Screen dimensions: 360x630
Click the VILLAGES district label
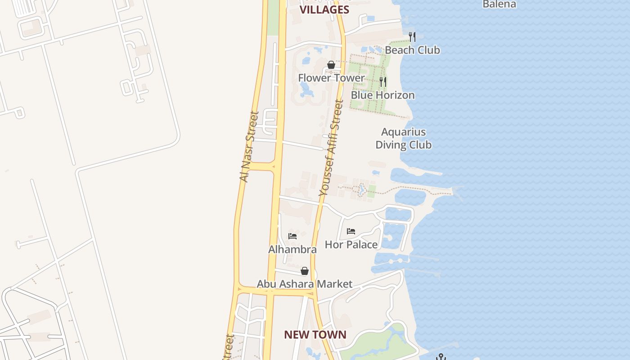(x=324, y=9)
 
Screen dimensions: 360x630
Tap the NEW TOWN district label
(x=315, y=334)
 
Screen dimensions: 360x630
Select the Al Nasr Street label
(x=250, y=147)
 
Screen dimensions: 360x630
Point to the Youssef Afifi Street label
(x=331, y=148)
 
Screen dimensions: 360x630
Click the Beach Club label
(x=412, y=50)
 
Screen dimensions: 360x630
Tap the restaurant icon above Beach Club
(x=412, y=36)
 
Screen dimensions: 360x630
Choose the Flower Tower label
(x=331, y=78)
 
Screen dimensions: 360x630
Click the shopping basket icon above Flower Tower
(x=331, y=65)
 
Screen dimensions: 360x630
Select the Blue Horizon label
(x=382, y=95)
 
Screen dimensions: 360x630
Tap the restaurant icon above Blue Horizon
(x=382, y=81)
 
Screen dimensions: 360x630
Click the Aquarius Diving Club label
(x=403, y=138)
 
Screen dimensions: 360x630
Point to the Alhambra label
(x=292, y=249)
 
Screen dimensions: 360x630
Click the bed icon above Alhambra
(x=292, y=236)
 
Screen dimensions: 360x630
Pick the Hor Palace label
(x=351, y=244)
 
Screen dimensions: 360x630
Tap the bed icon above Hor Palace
(x=351, y=231)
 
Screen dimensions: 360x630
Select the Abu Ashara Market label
(x=304, y=284)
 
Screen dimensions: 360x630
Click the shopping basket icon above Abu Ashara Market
(x=305, y=271)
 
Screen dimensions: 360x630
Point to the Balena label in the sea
(x=499, y=4)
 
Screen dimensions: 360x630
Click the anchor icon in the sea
(x=441, y=357)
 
